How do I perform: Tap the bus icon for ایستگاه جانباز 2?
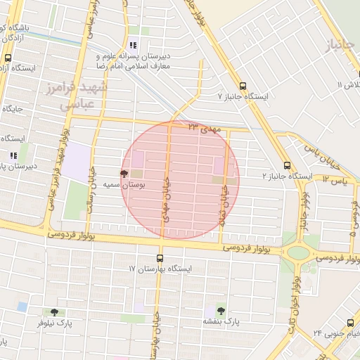coord(286,164)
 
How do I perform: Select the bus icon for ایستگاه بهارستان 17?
coord(160,258)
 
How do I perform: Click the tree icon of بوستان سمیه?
coord(124,173)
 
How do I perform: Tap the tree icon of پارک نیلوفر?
coord(54,312)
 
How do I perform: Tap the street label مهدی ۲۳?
coord(204,128)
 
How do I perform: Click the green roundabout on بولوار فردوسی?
coord(299,252)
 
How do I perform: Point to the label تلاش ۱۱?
coord(348,84)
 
